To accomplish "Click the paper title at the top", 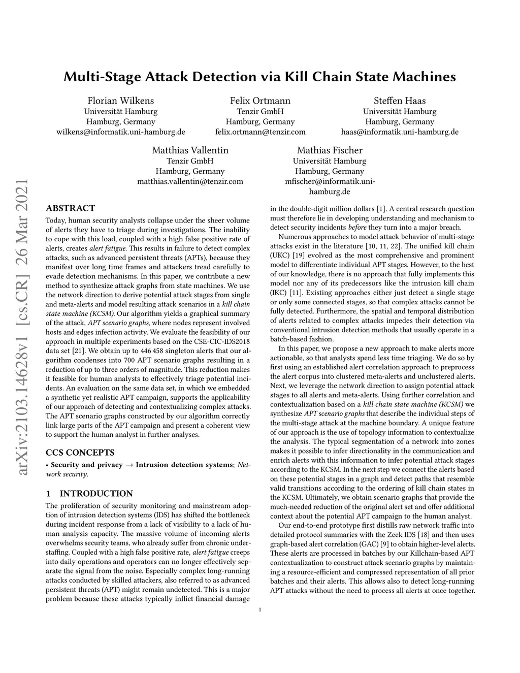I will tap(259, 77).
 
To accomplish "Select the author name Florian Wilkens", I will tap(121, 101).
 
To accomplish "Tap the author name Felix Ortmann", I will tap(260, 101).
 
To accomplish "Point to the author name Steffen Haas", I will tap(400, 101).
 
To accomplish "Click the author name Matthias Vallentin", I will tap(190, 150).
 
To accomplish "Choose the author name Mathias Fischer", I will tap(330, 150).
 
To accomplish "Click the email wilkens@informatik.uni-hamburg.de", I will tap(121, 132).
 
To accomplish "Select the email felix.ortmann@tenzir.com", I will tap(260, 132).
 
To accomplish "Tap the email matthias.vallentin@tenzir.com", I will tap(190, 181).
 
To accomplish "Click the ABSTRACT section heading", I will tap(70, 208).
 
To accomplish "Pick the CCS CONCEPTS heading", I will tap(80, 453).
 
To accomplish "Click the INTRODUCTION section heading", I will tap(89, 493).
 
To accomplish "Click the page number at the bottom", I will tap(260, 610).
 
